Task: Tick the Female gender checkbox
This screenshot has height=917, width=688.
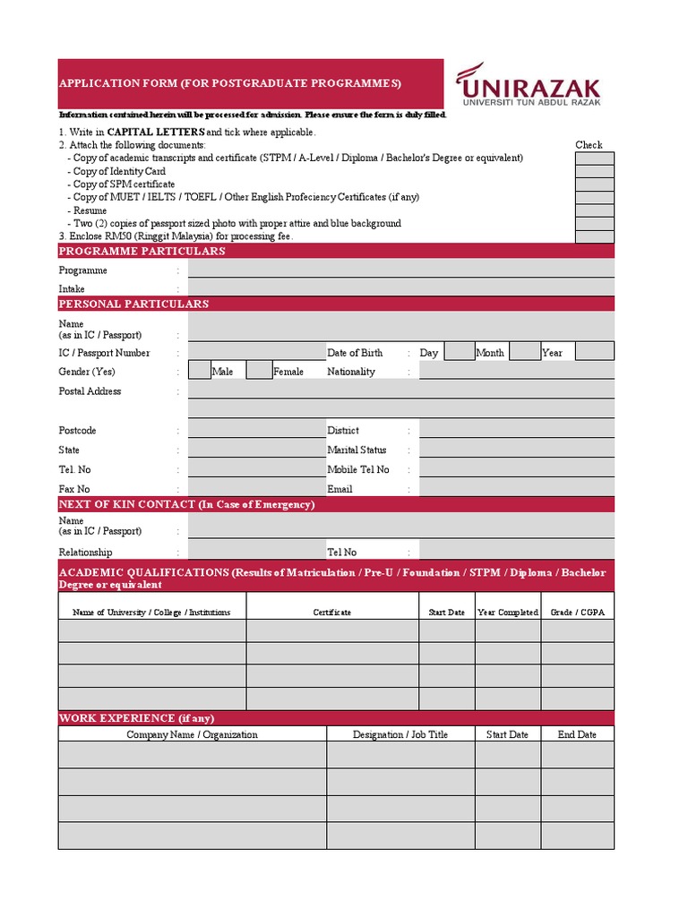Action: click(259, 371)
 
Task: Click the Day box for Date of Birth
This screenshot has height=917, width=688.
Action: click(459, 352)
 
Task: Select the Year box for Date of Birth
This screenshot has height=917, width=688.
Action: click(594, 352)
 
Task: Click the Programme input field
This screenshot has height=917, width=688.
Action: click(401, 270)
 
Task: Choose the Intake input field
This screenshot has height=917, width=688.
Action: click(401, 287)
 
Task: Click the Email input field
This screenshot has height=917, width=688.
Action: click(516, 488)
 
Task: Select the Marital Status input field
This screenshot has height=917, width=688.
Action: click(516, 450)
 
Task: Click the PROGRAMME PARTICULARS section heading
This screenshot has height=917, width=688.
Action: click(142, 252)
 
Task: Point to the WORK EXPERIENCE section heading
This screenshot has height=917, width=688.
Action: click(136, 718)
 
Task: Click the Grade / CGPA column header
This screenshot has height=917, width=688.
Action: click(577, 613)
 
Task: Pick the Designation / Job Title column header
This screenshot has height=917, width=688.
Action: click(400, 734)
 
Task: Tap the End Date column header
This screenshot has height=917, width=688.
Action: click(577, 734)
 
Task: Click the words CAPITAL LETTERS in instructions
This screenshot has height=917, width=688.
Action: click(155, 132)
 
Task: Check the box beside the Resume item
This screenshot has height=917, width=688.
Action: click(594, 210)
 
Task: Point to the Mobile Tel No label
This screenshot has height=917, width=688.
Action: click(358, 469)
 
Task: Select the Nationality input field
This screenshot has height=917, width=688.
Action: click(516, 371)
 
